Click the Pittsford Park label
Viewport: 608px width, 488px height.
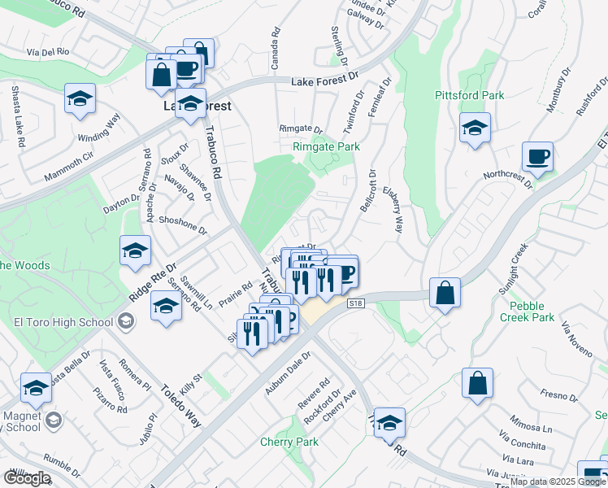(x=469, y=95)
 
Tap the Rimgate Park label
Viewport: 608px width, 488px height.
(x=326, y=147)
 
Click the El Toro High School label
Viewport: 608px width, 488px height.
(x=63, y=322)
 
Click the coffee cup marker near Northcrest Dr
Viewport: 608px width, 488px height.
(x=537, y=156)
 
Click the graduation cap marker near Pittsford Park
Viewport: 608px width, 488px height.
(x=475, y=128)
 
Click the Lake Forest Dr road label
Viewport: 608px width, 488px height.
(x=325, y=79)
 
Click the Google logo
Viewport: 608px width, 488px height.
(x=27, y=477)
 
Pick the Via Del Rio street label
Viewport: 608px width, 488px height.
(x=51, y=53)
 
